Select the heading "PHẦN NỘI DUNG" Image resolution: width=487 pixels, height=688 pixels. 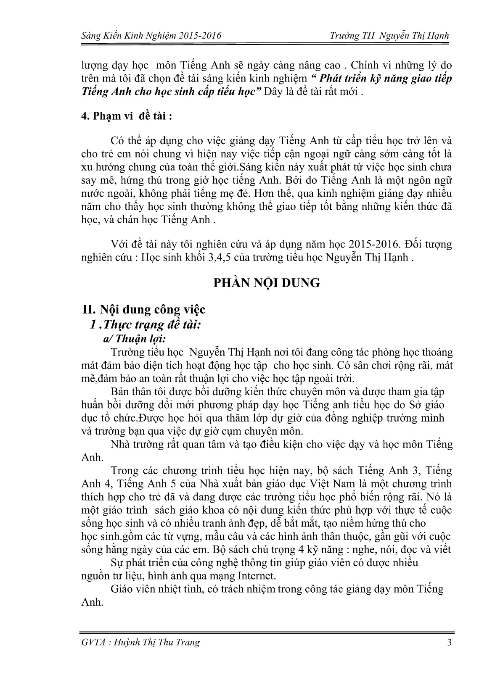tap(266, 283)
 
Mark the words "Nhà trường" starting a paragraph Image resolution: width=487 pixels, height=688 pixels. tap(135, 444)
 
